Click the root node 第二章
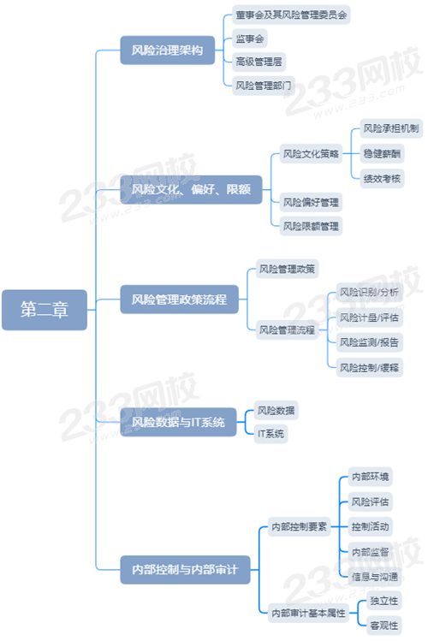coord(45,310)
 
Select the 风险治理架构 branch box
coord(167,50)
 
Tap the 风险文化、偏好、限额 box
coord(191,189)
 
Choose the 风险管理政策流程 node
coord(179,300)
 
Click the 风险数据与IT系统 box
coord(178,422)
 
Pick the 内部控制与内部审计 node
coord(185,569)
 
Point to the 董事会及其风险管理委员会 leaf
coord(291,15)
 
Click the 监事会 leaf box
coord(250,39)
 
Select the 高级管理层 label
coord(259,62)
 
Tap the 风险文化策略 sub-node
coord(311,154)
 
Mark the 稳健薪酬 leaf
coord(382,154)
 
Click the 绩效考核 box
coord(382,179)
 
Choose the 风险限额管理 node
coord(311,226)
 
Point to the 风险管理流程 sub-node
coord(287,329)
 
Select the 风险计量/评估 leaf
coord(369,318)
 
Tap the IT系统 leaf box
coord(270,434)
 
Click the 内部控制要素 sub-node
coord(300,526)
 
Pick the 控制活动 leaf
coord(370,526)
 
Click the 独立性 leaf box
coord(383,601)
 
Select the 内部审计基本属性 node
coord(308,614)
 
